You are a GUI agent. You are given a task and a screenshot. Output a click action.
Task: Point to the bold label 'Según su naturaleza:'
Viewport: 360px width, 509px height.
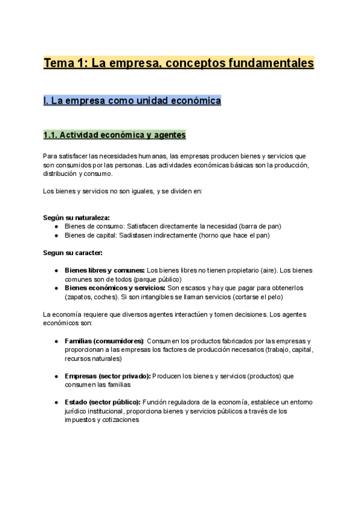[76, 217]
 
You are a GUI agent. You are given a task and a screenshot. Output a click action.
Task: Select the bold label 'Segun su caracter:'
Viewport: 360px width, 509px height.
[73, 253]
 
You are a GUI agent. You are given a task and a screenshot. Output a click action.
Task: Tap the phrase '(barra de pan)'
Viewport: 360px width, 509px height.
[259, 226]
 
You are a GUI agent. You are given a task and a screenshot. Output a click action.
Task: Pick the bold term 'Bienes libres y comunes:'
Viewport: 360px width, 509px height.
[104, 271]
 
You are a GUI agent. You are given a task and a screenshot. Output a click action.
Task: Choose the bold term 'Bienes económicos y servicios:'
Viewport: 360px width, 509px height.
[115, 288]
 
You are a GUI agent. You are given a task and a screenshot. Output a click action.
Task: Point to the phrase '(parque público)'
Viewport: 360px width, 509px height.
[157, 280]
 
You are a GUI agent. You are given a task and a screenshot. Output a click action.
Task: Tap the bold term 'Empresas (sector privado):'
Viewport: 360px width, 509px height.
[107, 376]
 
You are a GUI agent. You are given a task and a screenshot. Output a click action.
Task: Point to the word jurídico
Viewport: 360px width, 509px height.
[77, 411]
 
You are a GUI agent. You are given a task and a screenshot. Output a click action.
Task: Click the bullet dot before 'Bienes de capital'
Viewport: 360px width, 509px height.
[56, 235]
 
